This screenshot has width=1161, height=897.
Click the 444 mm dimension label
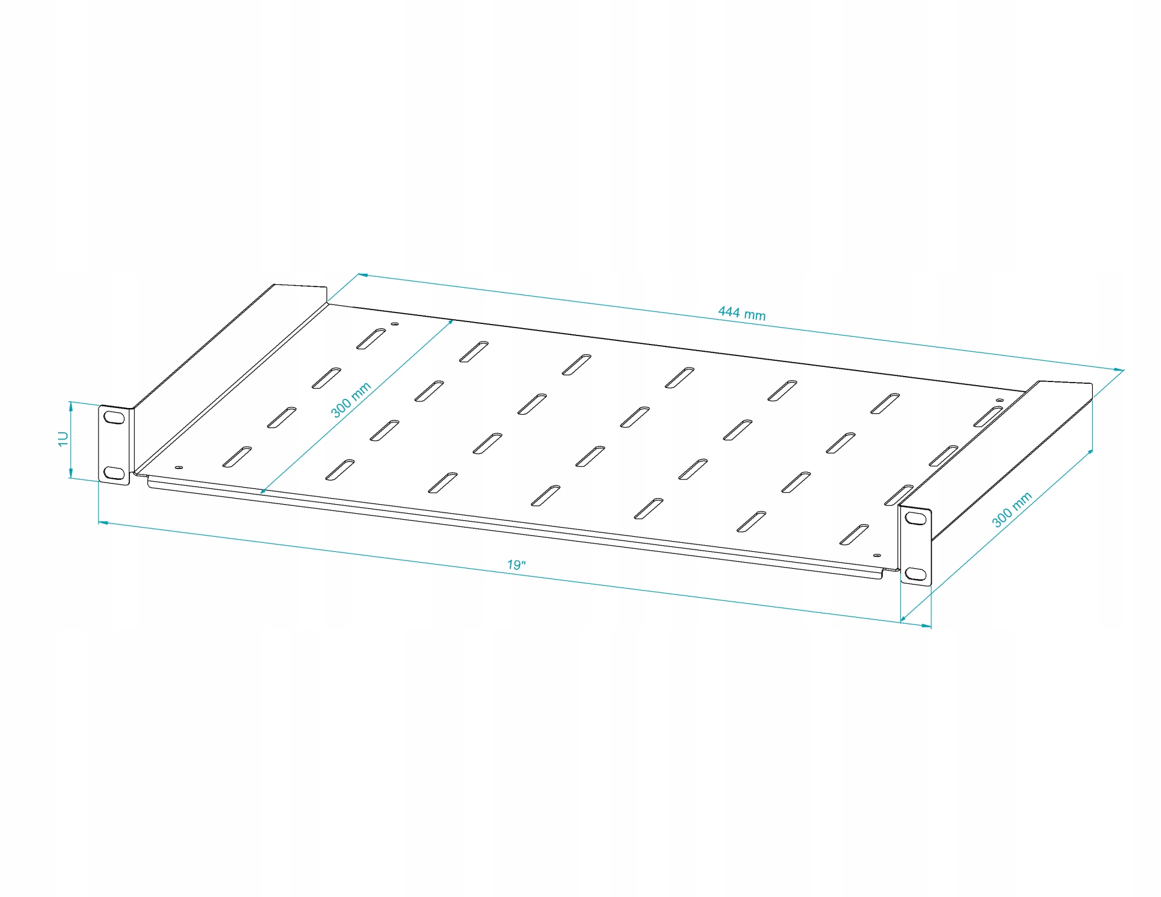click(741, 313)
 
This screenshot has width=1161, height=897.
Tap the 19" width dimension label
click(516, 565)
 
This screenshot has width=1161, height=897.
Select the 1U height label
click(63, 439)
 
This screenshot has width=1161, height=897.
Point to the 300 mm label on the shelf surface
click(351, 400)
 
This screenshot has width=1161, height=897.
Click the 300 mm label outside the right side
click(1012, 510)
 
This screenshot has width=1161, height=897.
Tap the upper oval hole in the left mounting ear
click(112, 417)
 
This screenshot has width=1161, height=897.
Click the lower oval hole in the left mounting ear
click(112, 472)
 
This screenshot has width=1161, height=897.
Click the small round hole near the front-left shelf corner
click(178, 467)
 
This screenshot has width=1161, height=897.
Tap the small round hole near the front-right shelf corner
click(877, 554)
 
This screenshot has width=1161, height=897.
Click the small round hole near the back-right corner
click(999, 400)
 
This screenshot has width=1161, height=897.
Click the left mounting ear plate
click(114, 445)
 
